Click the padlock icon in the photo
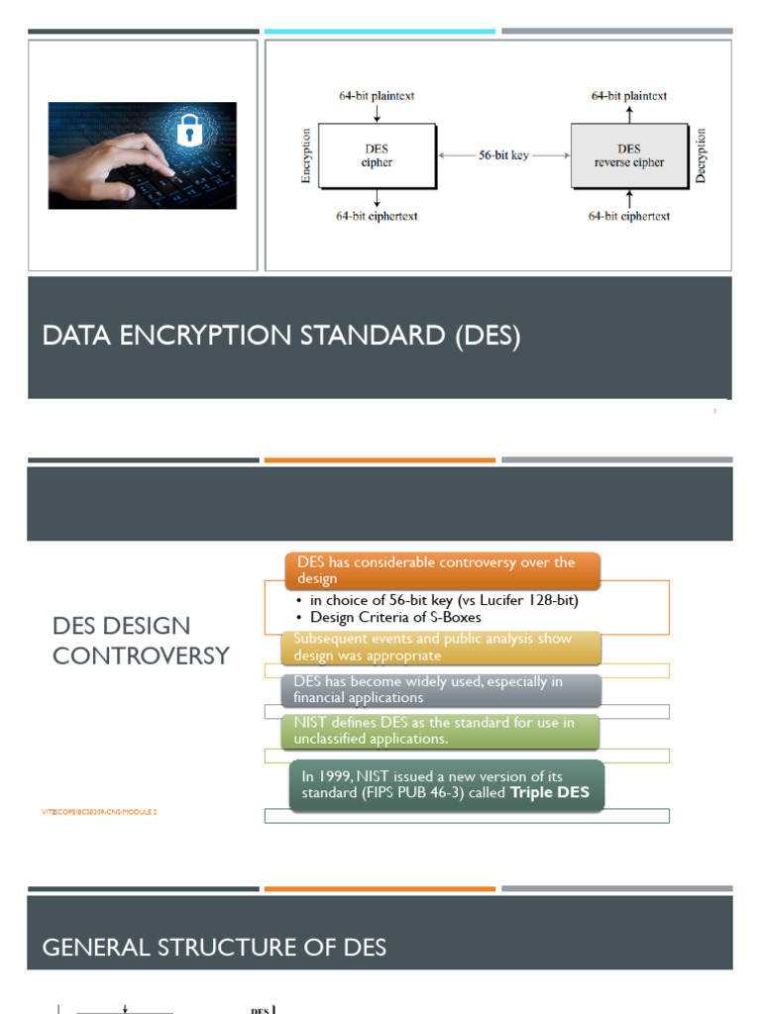click(x=187, y=131)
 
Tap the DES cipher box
click(x=377, y=156)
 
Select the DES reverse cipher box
click(x=628, y=156)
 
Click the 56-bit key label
click(x=503, y=155)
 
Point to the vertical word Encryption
click(x=305, y=156)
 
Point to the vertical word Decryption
click(x=702, y=155)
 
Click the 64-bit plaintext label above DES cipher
click(x=377, y=96)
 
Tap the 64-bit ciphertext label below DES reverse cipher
click(x=628, y=216)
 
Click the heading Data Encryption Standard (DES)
click(x=281, y=336)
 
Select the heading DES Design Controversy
click(x=141, y=640)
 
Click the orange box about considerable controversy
click(x=442, y=570)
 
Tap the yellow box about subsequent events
click(x=442, y=647)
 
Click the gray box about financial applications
click(x=442, y=689)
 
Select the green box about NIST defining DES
click(x=442, y=731)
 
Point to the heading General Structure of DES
click(x=214, y=948)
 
